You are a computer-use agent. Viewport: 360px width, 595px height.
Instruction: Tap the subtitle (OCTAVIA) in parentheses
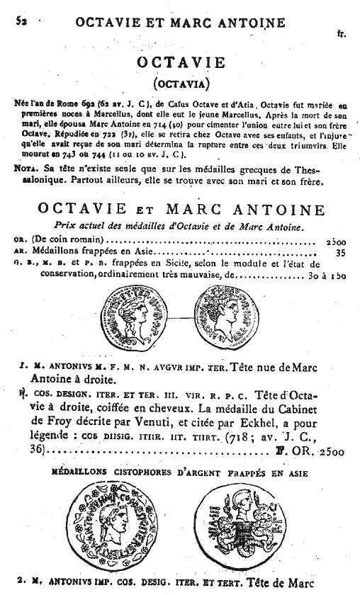coord(181,84)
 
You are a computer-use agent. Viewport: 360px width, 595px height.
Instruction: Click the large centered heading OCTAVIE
coord(181,63)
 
